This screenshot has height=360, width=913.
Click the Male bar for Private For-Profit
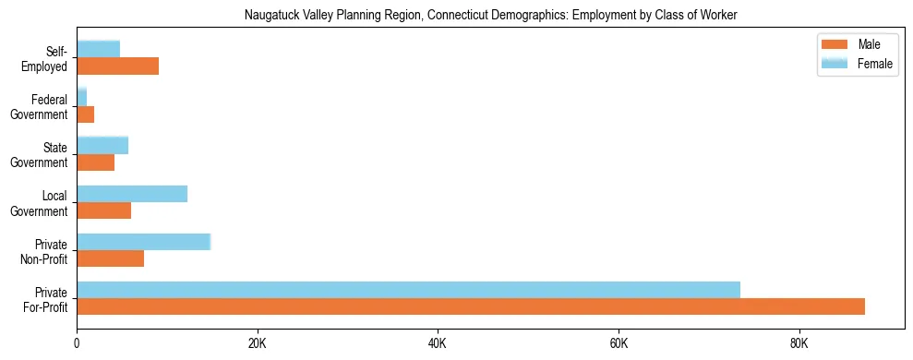(471, 306)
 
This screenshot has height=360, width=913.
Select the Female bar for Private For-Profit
(408, 290)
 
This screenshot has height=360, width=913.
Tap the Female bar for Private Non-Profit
(143, 242)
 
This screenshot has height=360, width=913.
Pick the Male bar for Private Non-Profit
(110, 258)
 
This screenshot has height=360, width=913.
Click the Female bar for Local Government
(132, 194)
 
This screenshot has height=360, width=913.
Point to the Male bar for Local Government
(103, 210)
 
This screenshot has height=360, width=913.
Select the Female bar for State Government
(102, 145)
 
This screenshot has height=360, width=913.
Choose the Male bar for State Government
(95, 162)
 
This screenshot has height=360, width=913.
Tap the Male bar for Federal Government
(85, 114)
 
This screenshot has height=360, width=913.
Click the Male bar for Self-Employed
(117, 66)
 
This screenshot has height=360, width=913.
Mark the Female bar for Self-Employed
(98, 49)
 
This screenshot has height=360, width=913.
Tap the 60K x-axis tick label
(619, 343)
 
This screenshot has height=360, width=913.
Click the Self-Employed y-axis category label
(45, 59)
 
